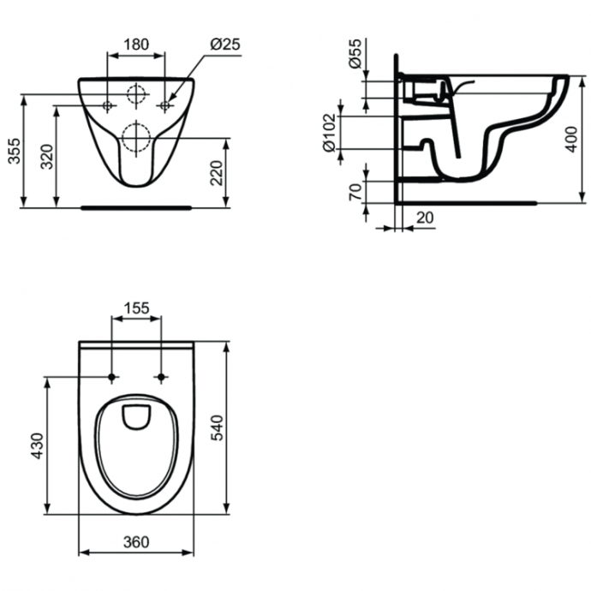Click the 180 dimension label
(x=135, y=42)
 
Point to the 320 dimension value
(x=48, y=156)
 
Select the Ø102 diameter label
(x=328, y=135)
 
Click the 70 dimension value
(x=354, y=191)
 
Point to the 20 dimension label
(x=425, y=218)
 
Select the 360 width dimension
(x=136, y=541)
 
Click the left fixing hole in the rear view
(x=107, y=105)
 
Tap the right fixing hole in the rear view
(x=165, y=105)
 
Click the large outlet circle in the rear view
(x=136, y=136)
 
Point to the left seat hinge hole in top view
(x=112, y=376)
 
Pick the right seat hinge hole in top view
(x=161, y=376)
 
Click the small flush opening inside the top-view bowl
(x=136, y=417)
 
